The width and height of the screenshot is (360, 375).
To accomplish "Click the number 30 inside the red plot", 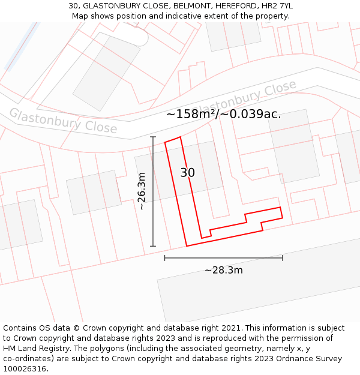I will pos(188,173).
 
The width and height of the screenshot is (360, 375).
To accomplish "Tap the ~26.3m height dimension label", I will pos(142,191).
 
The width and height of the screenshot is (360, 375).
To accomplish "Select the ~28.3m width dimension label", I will pos(223,270).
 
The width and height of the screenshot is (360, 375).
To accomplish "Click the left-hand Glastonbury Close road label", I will pos(63,121).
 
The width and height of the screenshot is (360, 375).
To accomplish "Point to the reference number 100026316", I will pos(24,369).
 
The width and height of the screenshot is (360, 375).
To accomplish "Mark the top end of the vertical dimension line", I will pos(153,137).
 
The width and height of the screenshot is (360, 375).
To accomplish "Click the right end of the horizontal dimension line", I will pos(282,258).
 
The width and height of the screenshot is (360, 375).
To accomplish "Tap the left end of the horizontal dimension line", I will pos(165,258).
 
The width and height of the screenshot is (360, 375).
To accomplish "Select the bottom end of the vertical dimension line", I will pos(153,246).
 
